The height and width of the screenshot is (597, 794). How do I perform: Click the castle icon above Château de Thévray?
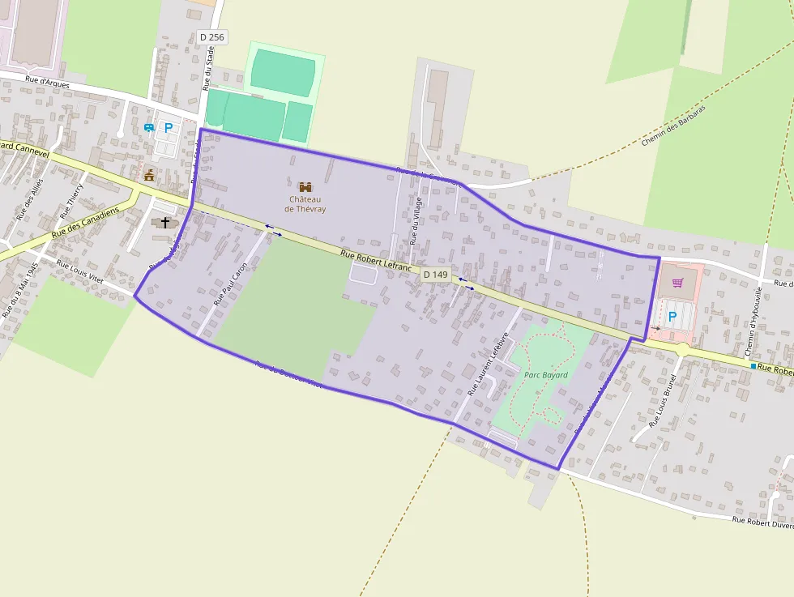(305, 187)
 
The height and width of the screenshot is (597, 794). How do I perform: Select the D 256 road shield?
(211, 36)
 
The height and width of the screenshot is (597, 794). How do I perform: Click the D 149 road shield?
(435, 275)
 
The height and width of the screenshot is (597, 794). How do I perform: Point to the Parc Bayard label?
(546, 375)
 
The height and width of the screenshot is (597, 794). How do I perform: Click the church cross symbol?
(165, 221)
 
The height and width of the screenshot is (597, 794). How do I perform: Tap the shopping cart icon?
(677, 283)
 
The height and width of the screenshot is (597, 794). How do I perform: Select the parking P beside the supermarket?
(672, 317)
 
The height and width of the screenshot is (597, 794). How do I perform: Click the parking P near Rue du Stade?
(169, 127)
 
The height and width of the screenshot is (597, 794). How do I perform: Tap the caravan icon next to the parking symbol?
(149, 127)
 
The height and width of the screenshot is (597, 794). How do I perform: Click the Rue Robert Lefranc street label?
(376, 260)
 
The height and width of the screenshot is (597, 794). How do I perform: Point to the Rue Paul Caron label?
(229, 284)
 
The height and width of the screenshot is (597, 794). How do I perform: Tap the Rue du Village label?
(416, 220)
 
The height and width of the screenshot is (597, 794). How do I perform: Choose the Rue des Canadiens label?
(84, 221)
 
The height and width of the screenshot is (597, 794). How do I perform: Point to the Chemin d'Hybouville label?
(753, 321)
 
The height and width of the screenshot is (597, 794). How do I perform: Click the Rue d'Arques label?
(47, 81)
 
